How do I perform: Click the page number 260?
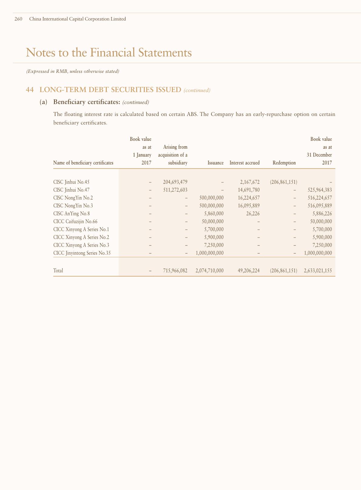pyautogui.click(x=18, y=19)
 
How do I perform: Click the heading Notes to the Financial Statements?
pyautogui.click(x=109, y=52)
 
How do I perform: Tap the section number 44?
pyautogui.click(x=29, y=90)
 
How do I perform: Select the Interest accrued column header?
pyautogui.click(x=245, y=163)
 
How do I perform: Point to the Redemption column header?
pyautogui.click(x=284, y=163)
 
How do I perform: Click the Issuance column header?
pyautogui.click(x=215, y=163)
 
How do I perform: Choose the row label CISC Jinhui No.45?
pyautogui.click(x=71, y=182)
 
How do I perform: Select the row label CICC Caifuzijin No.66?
pyautogui.click(x=75, y=221)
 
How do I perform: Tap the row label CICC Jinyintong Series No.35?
pyautogui.click(x=82, y=253)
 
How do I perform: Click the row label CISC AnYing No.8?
pyautogui.click(x=71, y=214)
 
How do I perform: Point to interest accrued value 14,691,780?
pyautogui.click(x=249, y=190)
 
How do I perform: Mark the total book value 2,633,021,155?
pyautogui.click(x=318, y=271)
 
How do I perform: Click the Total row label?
pyautogui.click(x=58, y=271)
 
